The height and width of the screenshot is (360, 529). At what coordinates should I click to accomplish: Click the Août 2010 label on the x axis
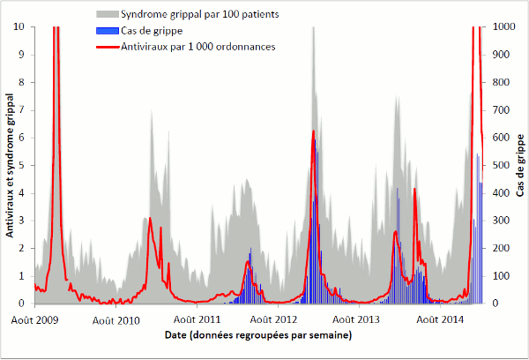(x=116, y=319)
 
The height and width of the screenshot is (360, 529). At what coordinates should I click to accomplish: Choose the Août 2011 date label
(x=197, y=319)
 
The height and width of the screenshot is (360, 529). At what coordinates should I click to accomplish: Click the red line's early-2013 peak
(x=313, y=131)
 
